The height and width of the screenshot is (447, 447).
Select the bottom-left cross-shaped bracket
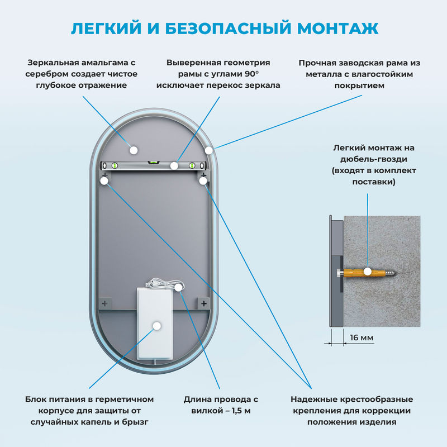click(104, 303)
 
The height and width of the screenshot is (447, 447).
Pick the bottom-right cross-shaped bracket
click(203, 303)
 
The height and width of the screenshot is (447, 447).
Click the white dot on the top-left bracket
click(104, 180)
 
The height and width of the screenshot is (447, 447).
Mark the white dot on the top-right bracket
click(203, 180)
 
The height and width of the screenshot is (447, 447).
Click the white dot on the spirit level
click(174, 165)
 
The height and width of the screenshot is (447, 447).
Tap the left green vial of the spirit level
click(115, 165)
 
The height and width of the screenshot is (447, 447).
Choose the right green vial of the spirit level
click(193, 165)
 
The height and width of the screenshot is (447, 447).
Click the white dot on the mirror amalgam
click(133, 149)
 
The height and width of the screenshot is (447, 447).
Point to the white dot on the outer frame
click(208, 150)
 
